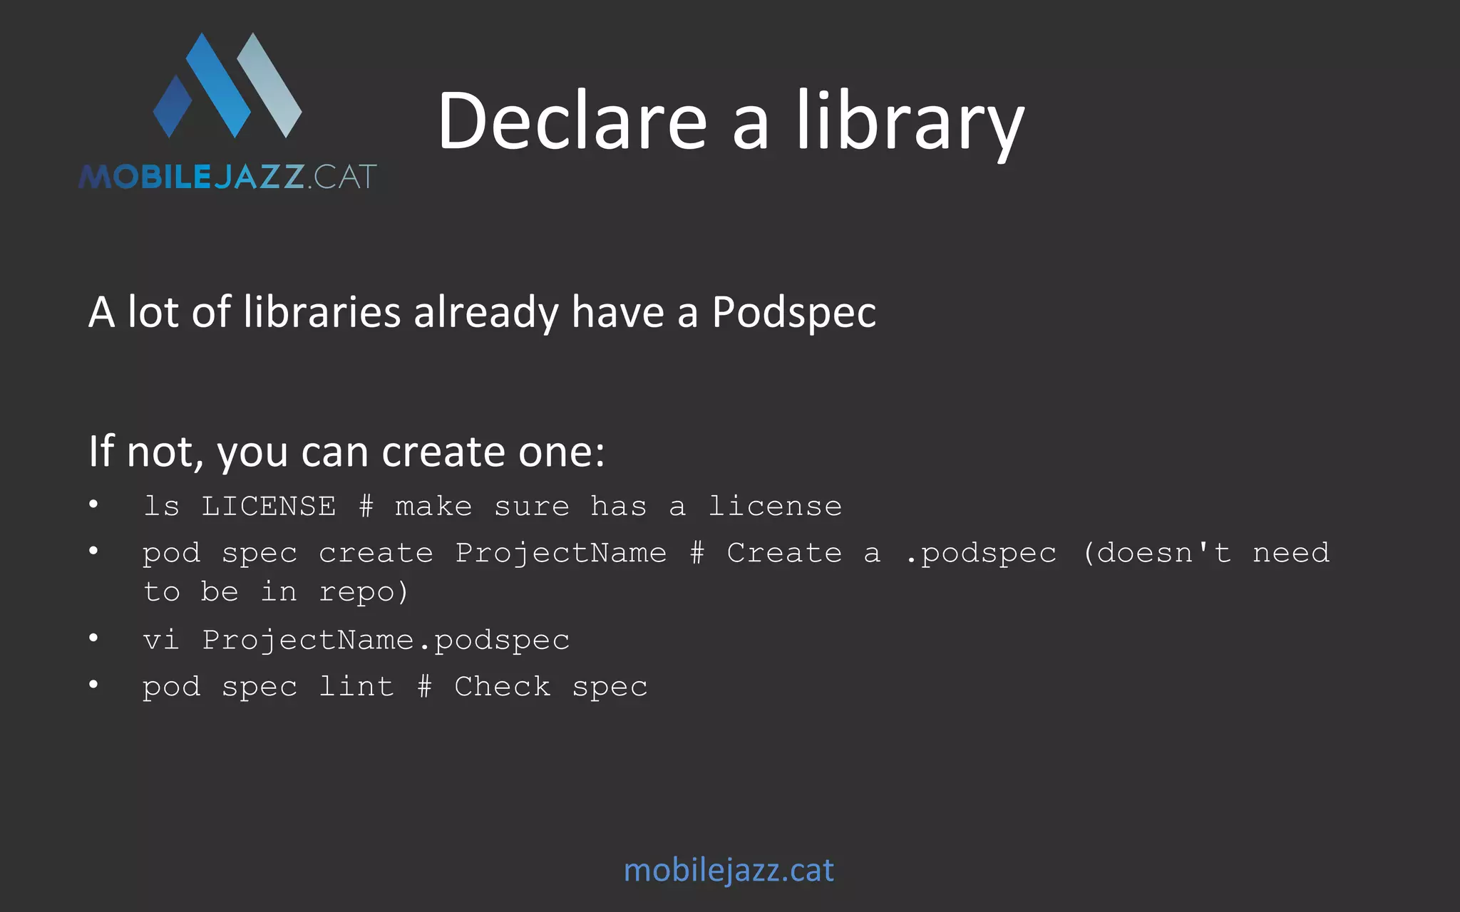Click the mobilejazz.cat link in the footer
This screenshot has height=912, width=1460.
(x=729, y=870)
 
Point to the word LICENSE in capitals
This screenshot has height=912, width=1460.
(x=269, y=507)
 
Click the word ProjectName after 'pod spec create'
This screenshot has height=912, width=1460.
(x=561, y=554)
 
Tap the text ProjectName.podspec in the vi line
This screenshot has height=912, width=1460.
(x=386, y=641)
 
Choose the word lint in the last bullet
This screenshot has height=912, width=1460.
(x=356, y=687)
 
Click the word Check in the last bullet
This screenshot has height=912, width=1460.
(x=503, y=687)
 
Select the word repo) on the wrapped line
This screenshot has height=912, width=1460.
(x=364, y=592)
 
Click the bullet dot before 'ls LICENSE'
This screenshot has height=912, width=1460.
(x=93, y=504)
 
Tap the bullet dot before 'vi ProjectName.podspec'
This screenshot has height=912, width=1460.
(x=93, y=638)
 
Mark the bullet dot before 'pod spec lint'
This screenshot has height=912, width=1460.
(x=93, y=685)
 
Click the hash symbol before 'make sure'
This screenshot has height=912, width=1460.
(x=366, y=507)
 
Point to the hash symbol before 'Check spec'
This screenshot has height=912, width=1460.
(x=424, y=687)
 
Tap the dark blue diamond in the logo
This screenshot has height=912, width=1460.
(x=173, y=106)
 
